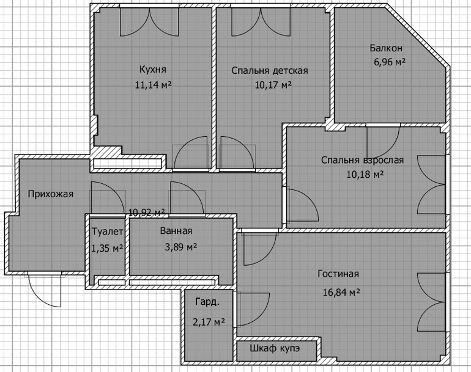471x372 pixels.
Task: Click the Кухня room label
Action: click(x=153, y=70)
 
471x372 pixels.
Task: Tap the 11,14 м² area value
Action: click(x=153, y=85)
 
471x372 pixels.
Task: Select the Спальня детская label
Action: click(x=270, y=71)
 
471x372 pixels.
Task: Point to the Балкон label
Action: click(x=386, y=48)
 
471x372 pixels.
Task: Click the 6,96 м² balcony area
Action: click(x=390, y=62)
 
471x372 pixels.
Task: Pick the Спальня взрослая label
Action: click(x=362, y=160)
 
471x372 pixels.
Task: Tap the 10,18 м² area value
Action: click(x=365, y=174)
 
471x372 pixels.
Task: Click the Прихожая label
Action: click(x=51, y=194)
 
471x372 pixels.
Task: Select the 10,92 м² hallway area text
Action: click(x=147, y=213)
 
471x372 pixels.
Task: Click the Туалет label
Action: click(x=107, y=232)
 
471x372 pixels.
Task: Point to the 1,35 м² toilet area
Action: click(x=107, y=248)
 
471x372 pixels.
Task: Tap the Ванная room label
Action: click(x=176, y=231)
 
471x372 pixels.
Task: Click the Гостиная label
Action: click(x=338, y=274)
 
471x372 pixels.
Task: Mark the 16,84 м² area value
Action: click(x=341, y=292)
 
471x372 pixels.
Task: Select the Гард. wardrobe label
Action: click(x=207, y=302)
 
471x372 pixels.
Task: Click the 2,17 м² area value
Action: click(x=209, y=322)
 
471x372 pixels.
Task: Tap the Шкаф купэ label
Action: click(x=275, y=349)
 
